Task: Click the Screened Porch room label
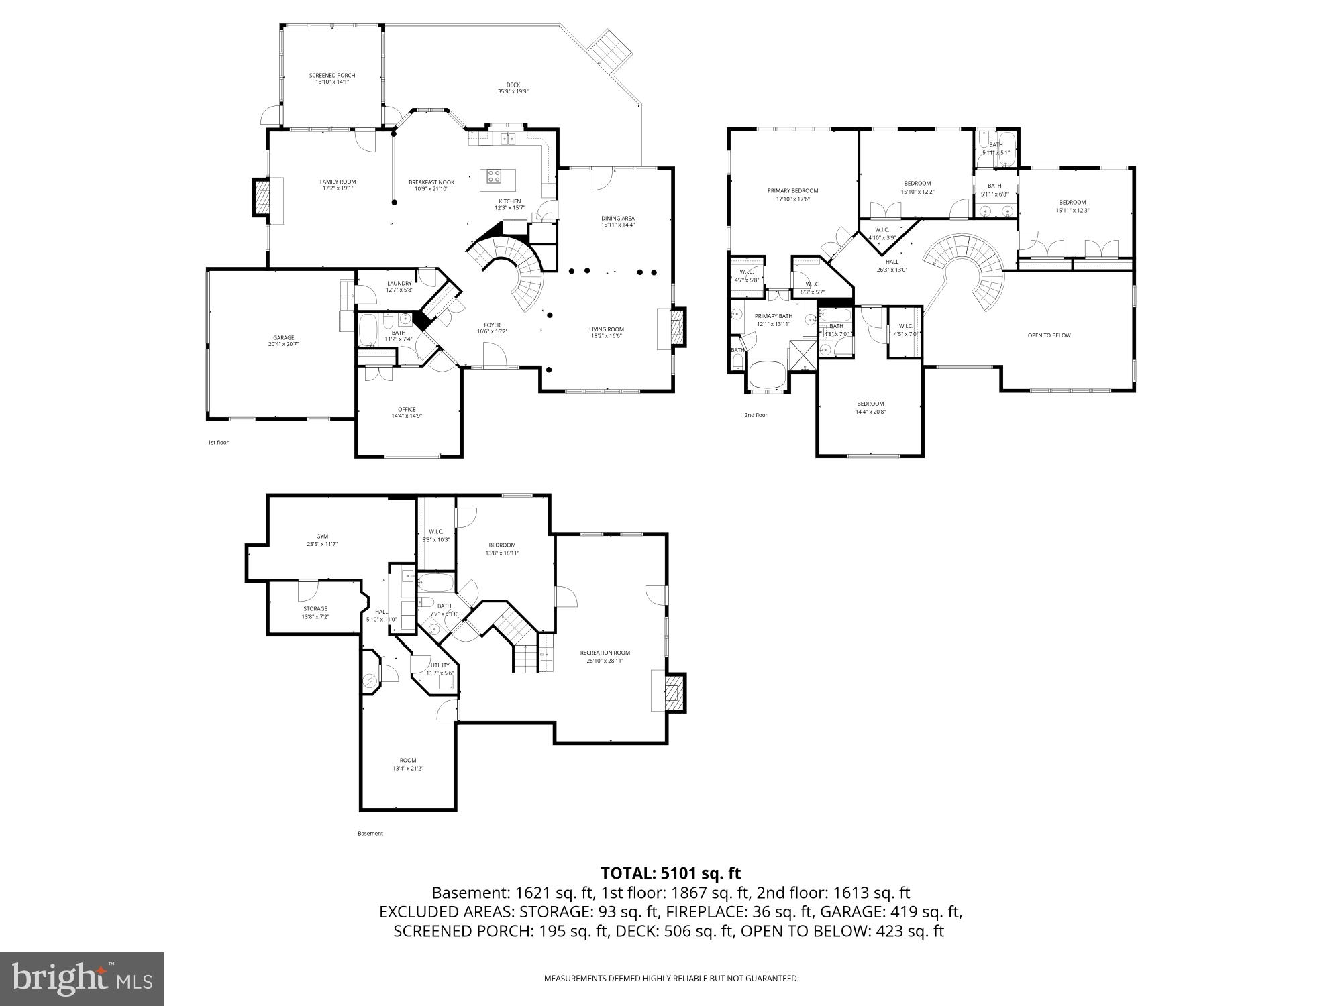point(331,78)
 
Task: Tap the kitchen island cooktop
point(494,177)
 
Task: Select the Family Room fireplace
point(262,197)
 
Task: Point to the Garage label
point(283,341)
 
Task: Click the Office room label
point(407,412)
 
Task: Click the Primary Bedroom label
point(792,194)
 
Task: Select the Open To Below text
point(1049,335)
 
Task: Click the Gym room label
point(322,540)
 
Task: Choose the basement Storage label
point(315,612)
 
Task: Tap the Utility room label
point(440,669)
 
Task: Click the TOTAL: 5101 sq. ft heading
point(670,873)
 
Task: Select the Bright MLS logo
point(82,979)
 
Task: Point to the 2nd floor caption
point(756,415)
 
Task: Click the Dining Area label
point(617,221)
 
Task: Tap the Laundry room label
point(399,286)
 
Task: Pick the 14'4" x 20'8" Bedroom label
point(870,408)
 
